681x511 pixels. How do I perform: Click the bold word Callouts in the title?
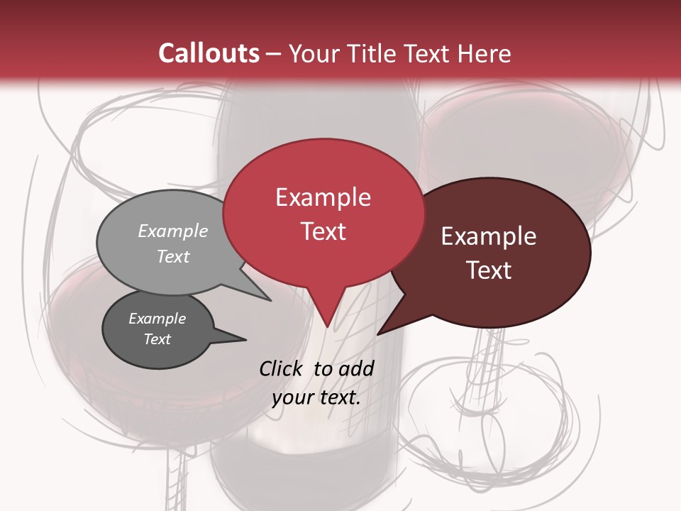pos(209,53)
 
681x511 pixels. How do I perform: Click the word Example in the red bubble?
pos(323,197)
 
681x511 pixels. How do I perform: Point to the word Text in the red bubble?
pos(323,231)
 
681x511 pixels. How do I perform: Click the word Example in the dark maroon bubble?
pos(489,236)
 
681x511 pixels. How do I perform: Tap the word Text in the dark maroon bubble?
pos(489,270)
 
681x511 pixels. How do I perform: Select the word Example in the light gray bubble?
pos(173,231)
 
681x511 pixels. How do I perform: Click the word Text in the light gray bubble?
pos(173,256)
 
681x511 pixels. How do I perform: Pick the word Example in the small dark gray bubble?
pos(157,319)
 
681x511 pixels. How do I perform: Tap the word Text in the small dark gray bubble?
pos(157,339)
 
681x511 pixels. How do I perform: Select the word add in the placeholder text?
pos(356,368)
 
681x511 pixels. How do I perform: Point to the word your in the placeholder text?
pos(292,397)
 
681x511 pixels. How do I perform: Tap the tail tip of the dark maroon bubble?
pos(378,334)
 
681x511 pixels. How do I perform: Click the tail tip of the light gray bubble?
pos(270,300)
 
